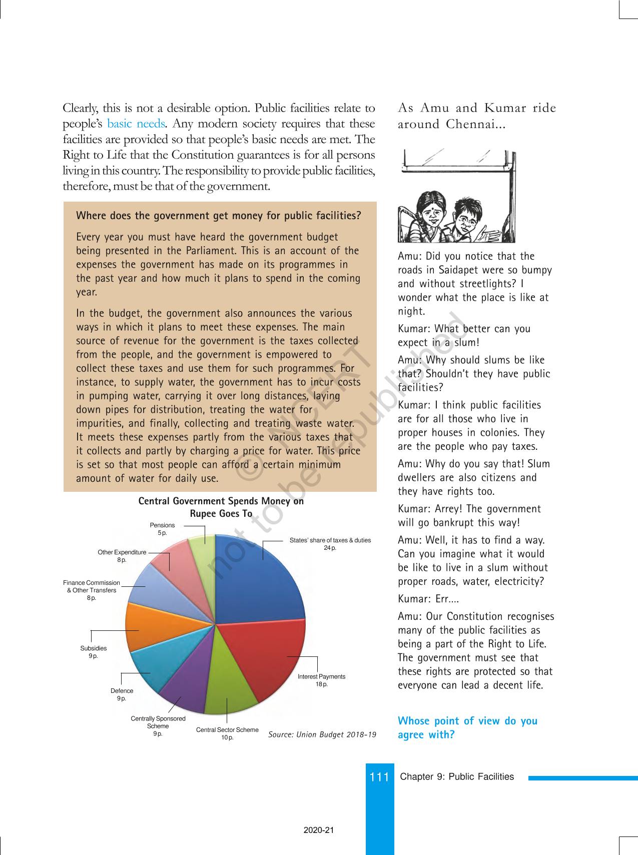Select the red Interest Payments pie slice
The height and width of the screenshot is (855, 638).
click(270, 655)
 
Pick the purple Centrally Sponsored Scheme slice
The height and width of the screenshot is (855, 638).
click(185, 688)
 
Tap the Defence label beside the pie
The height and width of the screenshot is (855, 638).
click(122, 691)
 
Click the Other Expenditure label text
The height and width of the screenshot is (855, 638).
click(122, 552)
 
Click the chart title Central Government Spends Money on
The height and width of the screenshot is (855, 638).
click(221, 501)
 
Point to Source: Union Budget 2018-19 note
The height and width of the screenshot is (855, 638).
click(322, 734)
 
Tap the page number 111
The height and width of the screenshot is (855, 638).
click(379, 777)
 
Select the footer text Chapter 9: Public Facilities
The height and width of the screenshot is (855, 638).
click(457, 776)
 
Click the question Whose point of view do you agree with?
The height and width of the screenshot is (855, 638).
click(467, 727)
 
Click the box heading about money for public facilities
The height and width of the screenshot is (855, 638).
click(218, 216)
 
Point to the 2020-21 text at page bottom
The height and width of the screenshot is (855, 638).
click(319, 830)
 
